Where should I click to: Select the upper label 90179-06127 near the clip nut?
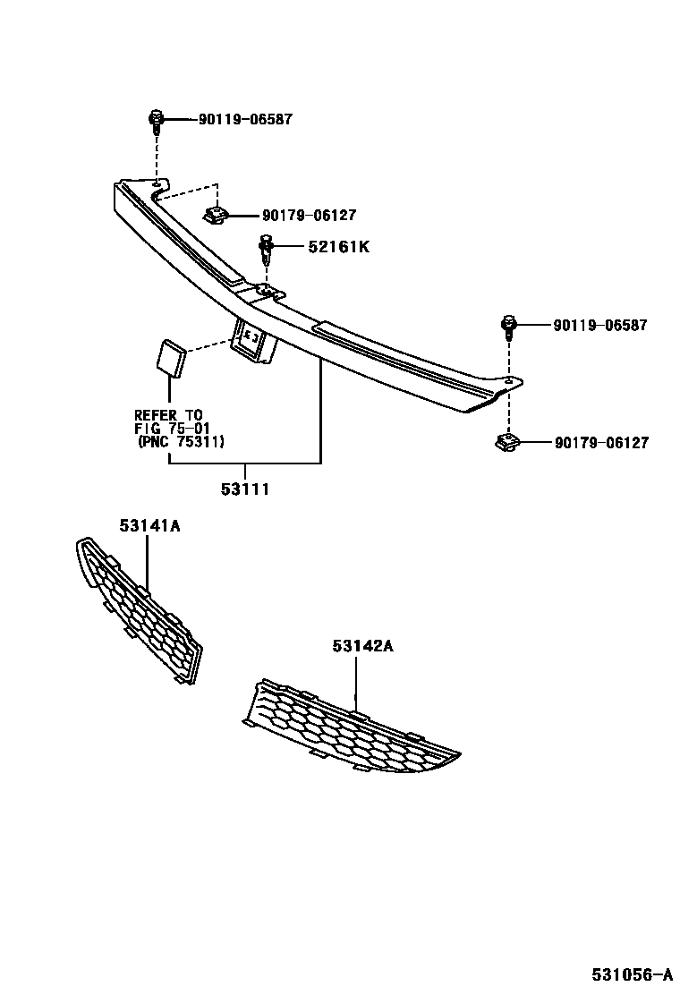310,216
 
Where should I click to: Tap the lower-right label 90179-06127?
601,443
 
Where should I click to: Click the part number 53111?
245,489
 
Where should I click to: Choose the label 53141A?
150,527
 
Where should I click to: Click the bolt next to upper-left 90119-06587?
156,121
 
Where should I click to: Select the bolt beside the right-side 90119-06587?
509,327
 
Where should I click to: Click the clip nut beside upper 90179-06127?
216,216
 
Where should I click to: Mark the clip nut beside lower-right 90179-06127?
507,443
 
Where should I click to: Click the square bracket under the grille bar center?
254,342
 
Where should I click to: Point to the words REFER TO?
168,415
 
